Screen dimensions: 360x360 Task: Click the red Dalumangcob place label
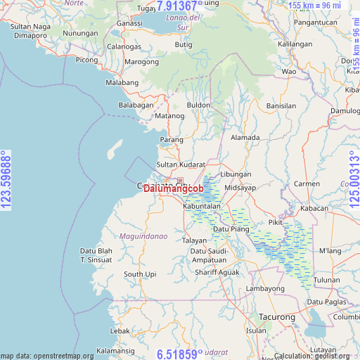point(173,188)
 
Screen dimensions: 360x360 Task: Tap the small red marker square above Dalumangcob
point(180,181)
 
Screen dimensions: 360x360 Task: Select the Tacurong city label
point(276,317)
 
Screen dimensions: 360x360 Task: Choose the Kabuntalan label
point(202,207)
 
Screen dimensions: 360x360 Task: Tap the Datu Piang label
point(231,229)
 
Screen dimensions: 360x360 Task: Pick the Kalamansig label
point(117,350)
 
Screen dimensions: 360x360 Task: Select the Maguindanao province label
point(143,236)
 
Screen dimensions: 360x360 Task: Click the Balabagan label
point(136,105)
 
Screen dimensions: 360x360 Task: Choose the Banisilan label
point(281,105)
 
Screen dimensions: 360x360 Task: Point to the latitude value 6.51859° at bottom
point(180,353)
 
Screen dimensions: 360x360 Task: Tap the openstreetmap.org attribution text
point(47,356)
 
